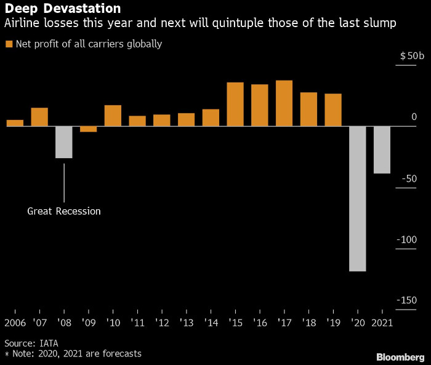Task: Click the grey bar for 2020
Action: pyautogui.click(x=357, y=198)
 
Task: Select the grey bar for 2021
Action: pyautogui.click(x=382, y=150)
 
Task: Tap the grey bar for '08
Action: pyautogui.click(x=64, y=142)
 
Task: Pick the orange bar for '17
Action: pyautogui.click(x=284, y=103)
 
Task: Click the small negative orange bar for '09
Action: pyautogui.click(x=88, y=129)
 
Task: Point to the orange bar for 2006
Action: pyautogui.click(x=15, y=122)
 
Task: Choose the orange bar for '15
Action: pyautogui.click(x=235, y=104)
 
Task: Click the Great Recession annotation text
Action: pyautogui.click(x=64, y=211)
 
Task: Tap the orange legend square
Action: pyautogui.click(x=9, y=44)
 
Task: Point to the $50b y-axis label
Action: pyautogui.click(x=412, y=56)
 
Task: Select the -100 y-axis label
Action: pyautogui.click(x=406, y=239)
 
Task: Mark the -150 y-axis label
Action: pyautogui.click(x=406, y=300)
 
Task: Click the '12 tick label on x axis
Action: pyautogui.click(x=161, y=323)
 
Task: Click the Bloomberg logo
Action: pyautogui.click(x=400, y=356)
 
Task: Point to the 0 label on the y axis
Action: pyautogui.click(x=414, y=117)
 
